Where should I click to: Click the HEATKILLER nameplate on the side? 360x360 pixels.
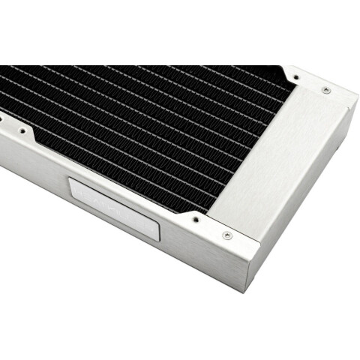click(x=114, y=209)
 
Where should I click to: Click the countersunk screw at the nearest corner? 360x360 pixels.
click(x=227, y=235)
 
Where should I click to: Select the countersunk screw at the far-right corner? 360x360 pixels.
click(x=325, y=90)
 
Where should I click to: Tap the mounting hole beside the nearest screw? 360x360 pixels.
click(x=195, y=220)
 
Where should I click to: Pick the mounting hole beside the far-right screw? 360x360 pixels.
click(x=294, y=76)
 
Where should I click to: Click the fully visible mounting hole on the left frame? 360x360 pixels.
click(x=23, y=130)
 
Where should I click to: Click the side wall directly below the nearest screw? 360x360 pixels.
click(x=225, y=262)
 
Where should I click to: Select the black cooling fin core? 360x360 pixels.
click(x=135, y=127)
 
